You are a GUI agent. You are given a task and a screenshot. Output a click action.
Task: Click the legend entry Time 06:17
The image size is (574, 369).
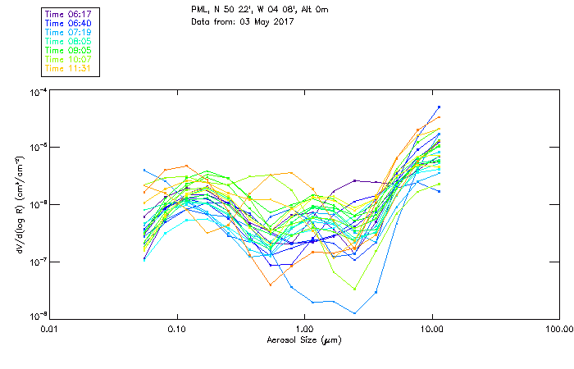click(x=69, y=12)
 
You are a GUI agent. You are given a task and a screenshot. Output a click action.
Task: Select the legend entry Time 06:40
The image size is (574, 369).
click(x=69, y=22)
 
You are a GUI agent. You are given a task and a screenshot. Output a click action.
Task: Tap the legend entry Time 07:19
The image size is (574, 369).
click(x=69, y=31)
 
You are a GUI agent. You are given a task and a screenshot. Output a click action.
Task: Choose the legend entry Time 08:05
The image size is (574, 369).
click(x=69, y=40)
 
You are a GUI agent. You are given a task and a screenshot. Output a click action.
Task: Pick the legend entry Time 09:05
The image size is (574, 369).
click(x=69, y=50)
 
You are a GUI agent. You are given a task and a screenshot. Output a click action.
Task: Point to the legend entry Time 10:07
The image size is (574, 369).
click(x=69, y=59)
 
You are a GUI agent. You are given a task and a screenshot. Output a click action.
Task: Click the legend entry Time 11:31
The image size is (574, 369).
click(x=69, y=68)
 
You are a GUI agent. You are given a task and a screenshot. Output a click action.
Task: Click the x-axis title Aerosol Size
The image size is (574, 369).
click(x=304, y=339)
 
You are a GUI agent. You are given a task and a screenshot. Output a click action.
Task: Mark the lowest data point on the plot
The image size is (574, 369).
click(x=354, y=313)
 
